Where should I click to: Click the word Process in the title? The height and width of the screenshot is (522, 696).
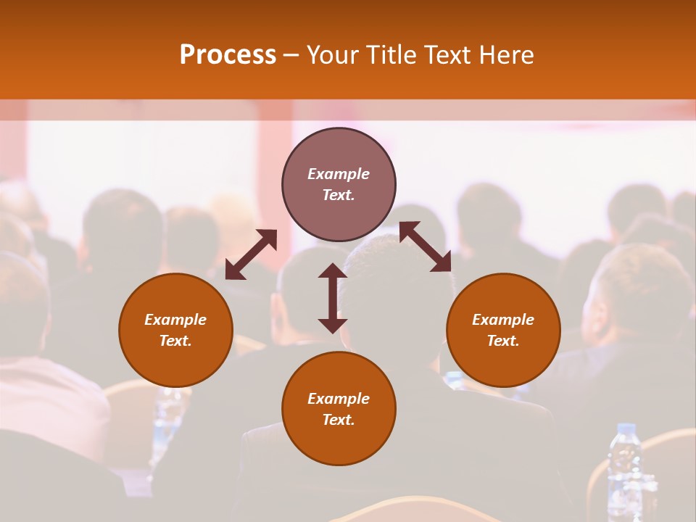(x=228, y=55)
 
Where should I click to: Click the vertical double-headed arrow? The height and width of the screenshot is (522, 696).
(x=333, y=298)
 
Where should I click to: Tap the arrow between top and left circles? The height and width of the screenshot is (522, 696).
(x=251, y=254)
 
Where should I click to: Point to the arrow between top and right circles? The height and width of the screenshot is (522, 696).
(x=426, y=246)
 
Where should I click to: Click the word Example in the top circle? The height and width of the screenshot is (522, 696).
(x=339, y=174)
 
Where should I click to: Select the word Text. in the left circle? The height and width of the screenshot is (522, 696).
(x=175, y=341)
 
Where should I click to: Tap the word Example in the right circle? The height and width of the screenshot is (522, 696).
(x=503, y=320)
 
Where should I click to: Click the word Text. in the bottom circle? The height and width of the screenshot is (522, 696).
(x=339, y=420)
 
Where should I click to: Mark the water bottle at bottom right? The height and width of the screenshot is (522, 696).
(x=624, y=468)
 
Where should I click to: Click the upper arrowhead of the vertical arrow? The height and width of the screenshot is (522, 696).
(x=333, y=271)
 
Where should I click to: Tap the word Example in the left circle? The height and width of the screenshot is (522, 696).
(x=175, y=320)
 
